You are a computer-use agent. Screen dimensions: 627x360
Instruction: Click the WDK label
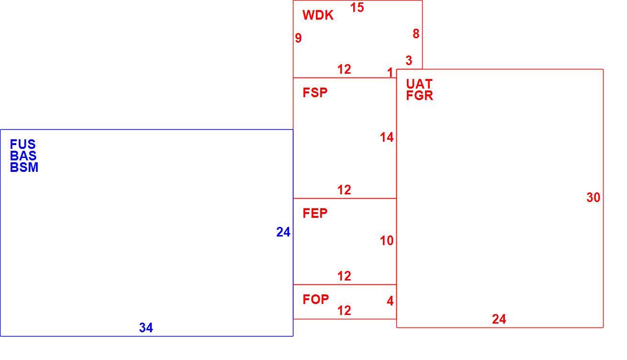coord(318,15)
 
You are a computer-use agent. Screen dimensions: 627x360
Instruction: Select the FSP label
coord(315,93)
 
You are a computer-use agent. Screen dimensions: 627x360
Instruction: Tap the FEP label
coord(315,214)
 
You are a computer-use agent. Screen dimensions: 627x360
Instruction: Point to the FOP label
coord(315,299)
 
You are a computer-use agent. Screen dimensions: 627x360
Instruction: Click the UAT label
coord(419,84)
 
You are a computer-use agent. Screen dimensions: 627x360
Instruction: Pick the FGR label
coord(419,95)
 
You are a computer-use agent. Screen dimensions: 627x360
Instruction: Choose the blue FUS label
coord(22,145)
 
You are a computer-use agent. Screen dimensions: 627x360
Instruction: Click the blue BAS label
coord(23,156)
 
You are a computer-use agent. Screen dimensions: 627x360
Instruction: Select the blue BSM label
coord(24,168)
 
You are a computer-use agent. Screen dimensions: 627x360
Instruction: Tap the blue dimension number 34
coord(146,327)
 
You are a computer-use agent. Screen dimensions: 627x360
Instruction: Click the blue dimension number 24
coord(283,232)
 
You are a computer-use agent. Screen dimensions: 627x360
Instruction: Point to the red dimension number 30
coord(593,197)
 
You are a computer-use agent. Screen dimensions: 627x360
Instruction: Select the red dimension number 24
coord(499,319)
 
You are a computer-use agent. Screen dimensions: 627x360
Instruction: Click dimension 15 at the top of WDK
coord(357,8)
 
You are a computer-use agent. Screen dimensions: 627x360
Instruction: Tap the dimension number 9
coord(298,38)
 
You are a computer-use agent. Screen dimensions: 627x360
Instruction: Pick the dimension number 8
coord(416,34)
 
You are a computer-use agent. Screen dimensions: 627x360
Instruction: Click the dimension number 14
coord(387,137)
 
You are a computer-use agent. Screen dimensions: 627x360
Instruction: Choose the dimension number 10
coord(387,241)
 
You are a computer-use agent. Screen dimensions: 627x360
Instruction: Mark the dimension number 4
coord(390,301)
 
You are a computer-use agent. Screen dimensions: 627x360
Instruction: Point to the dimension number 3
coord(409,60)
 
